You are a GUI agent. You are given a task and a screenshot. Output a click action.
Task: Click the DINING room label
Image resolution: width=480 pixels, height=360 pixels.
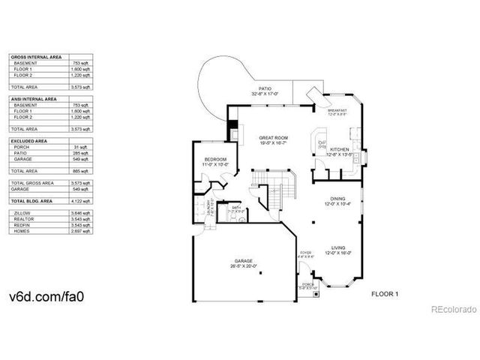(x=337, y=200)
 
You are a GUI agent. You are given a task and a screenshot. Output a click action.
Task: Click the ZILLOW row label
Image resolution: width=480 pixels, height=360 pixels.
(x=22, y=214)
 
